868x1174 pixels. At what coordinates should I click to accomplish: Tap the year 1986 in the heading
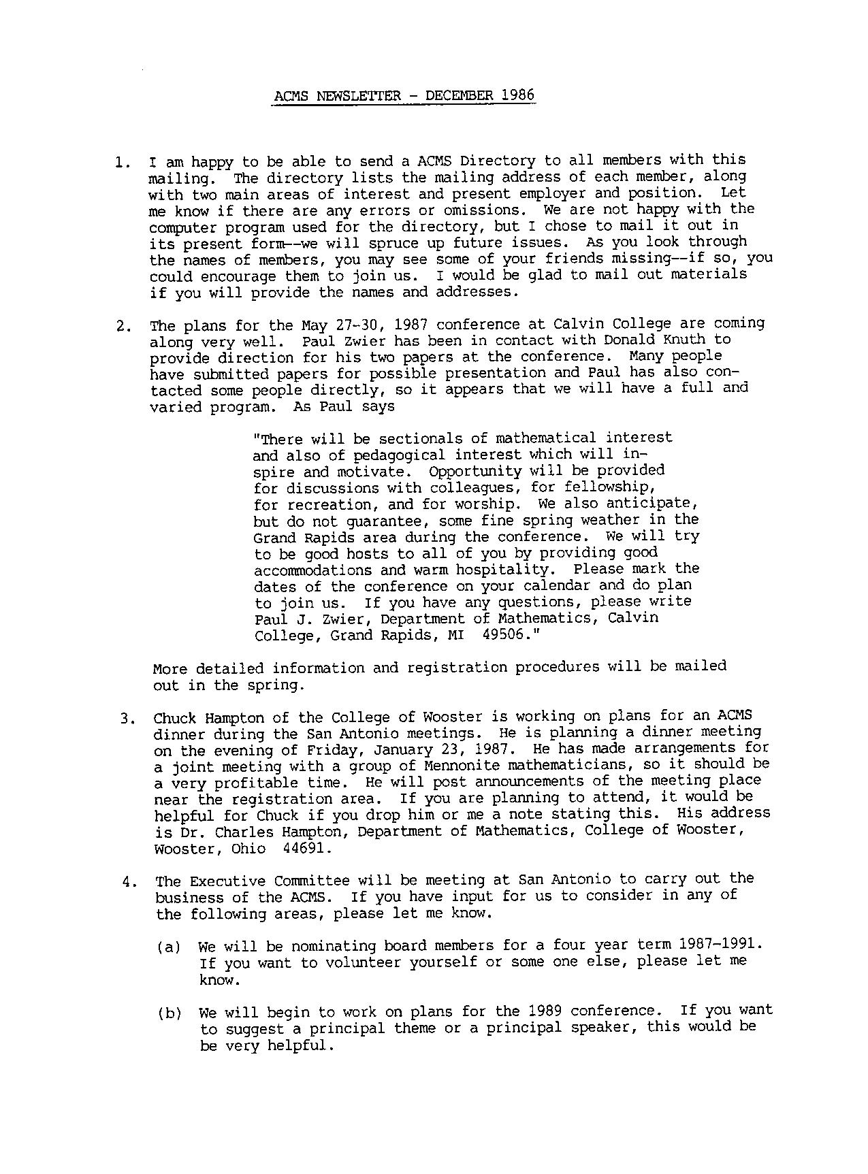tap(517, 95)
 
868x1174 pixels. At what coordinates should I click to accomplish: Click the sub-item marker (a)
tap(168, 947)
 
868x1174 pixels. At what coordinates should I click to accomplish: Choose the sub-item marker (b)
tap(170, 1013)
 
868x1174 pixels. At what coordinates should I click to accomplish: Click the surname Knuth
tap(681, 339)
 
